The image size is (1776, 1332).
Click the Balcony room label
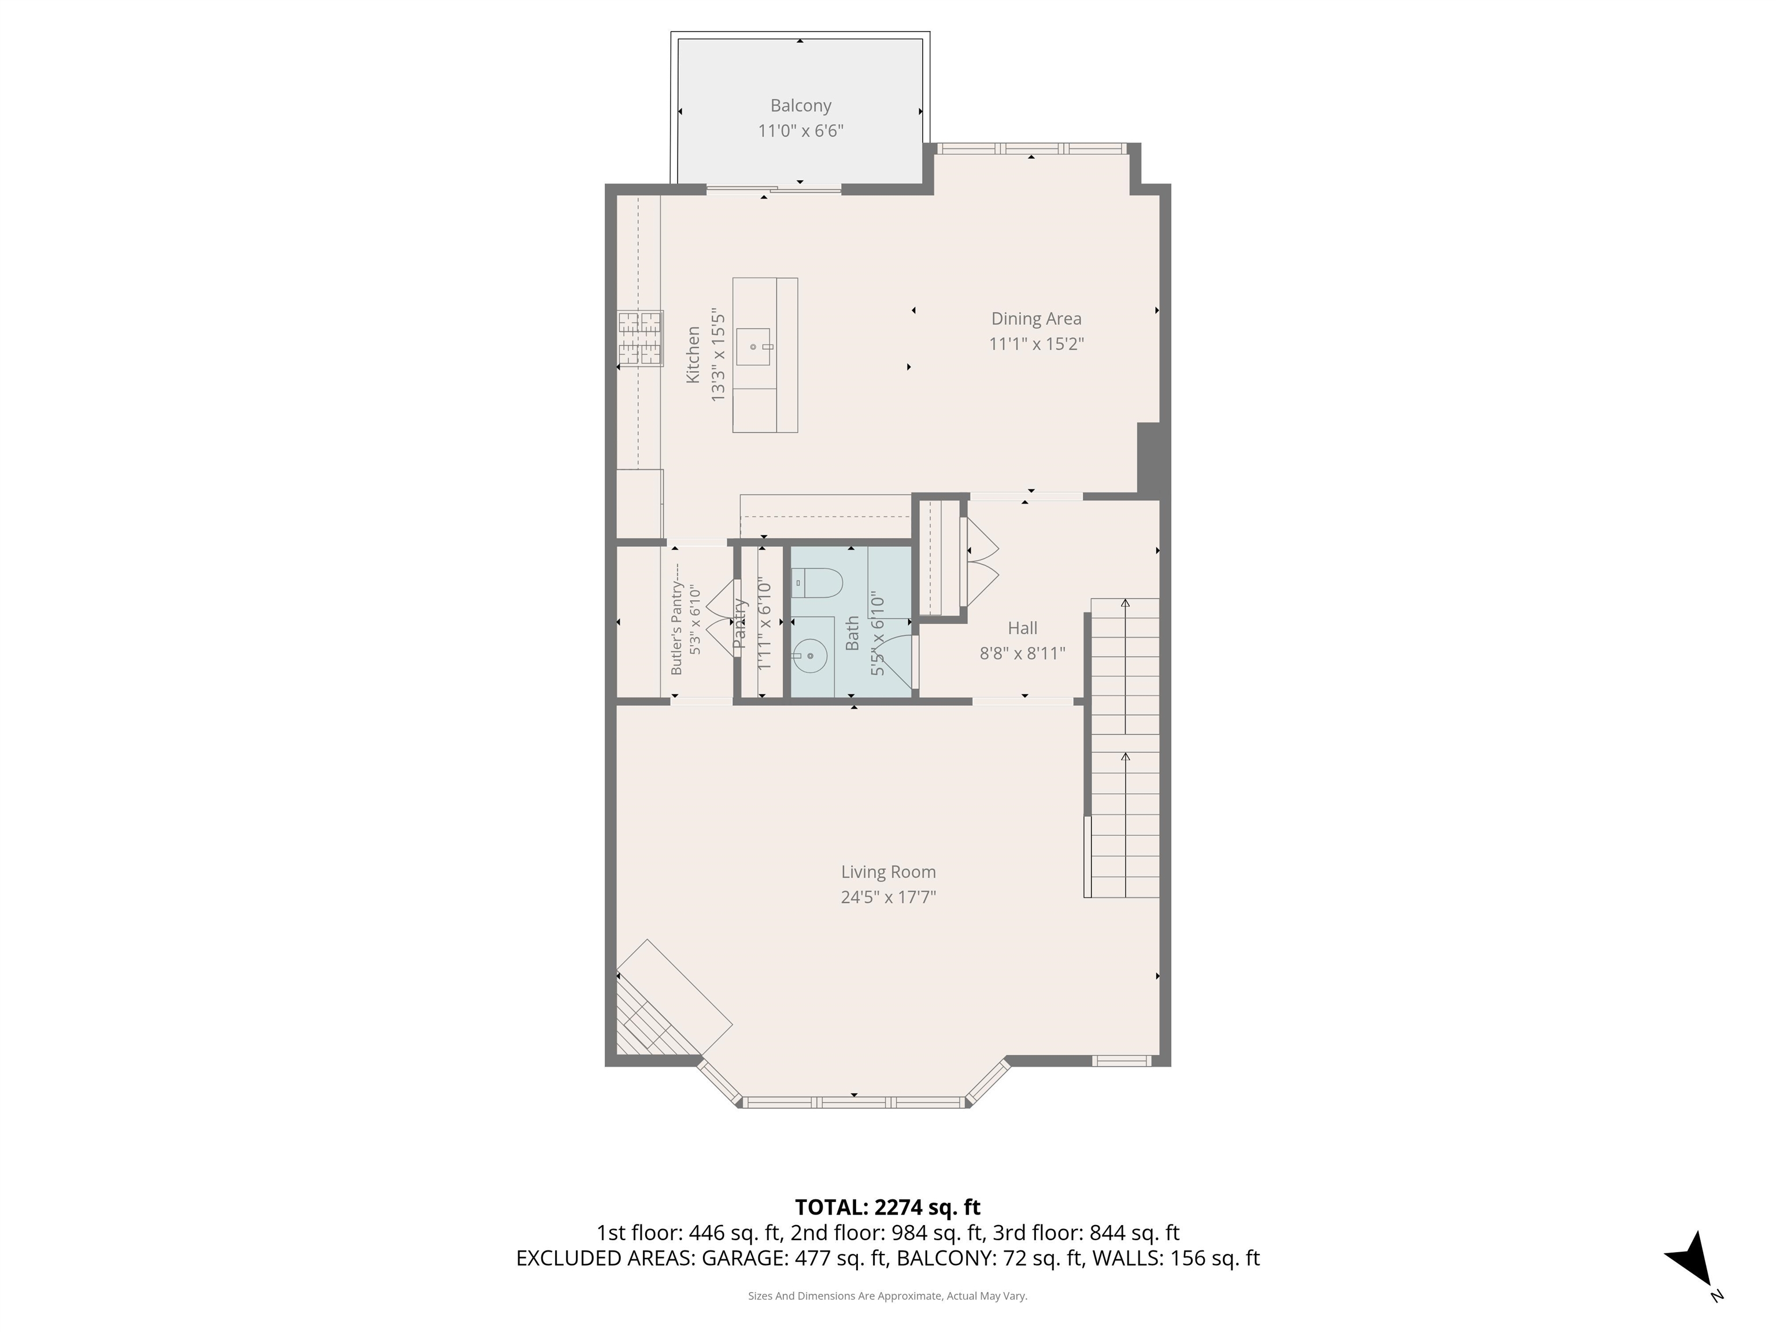[801, 105]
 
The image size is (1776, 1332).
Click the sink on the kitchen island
[753, 347]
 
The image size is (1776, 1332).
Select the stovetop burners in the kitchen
[640, 338]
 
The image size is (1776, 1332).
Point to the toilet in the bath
[816, 582]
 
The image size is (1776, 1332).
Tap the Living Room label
[888, 872]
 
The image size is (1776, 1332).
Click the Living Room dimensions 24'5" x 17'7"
[888, 897]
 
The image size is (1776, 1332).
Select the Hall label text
[1022, 628]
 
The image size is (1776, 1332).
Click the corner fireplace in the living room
[667, 1008]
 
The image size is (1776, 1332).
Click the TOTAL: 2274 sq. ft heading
[887, 1207]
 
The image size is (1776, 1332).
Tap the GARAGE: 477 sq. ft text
[795, 1258]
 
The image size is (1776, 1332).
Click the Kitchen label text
[692, 354]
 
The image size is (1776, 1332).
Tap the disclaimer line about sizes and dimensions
[887, 1296]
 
